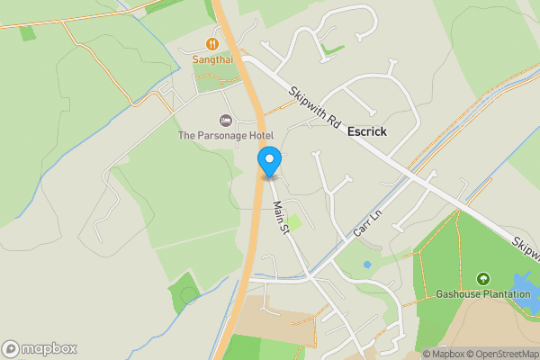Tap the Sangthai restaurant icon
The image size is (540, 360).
(212, 43)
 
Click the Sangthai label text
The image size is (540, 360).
(212, 59)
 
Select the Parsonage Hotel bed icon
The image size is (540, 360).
(225, 121)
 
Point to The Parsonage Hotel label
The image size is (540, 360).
(225, 136)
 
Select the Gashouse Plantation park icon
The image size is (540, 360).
(484, 279)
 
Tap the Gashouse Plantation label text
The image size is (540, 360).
(483, 294)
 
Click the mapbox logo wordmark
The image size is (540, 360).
(40, 348)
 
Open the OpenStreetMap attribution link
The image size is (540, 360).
(500, 354)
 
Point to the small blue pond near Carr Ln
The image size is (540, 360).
(367, 265)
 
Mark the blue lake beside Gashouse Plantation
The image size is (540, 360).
(526, 288)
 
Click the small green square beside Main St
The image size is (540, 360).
(293, 221)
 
